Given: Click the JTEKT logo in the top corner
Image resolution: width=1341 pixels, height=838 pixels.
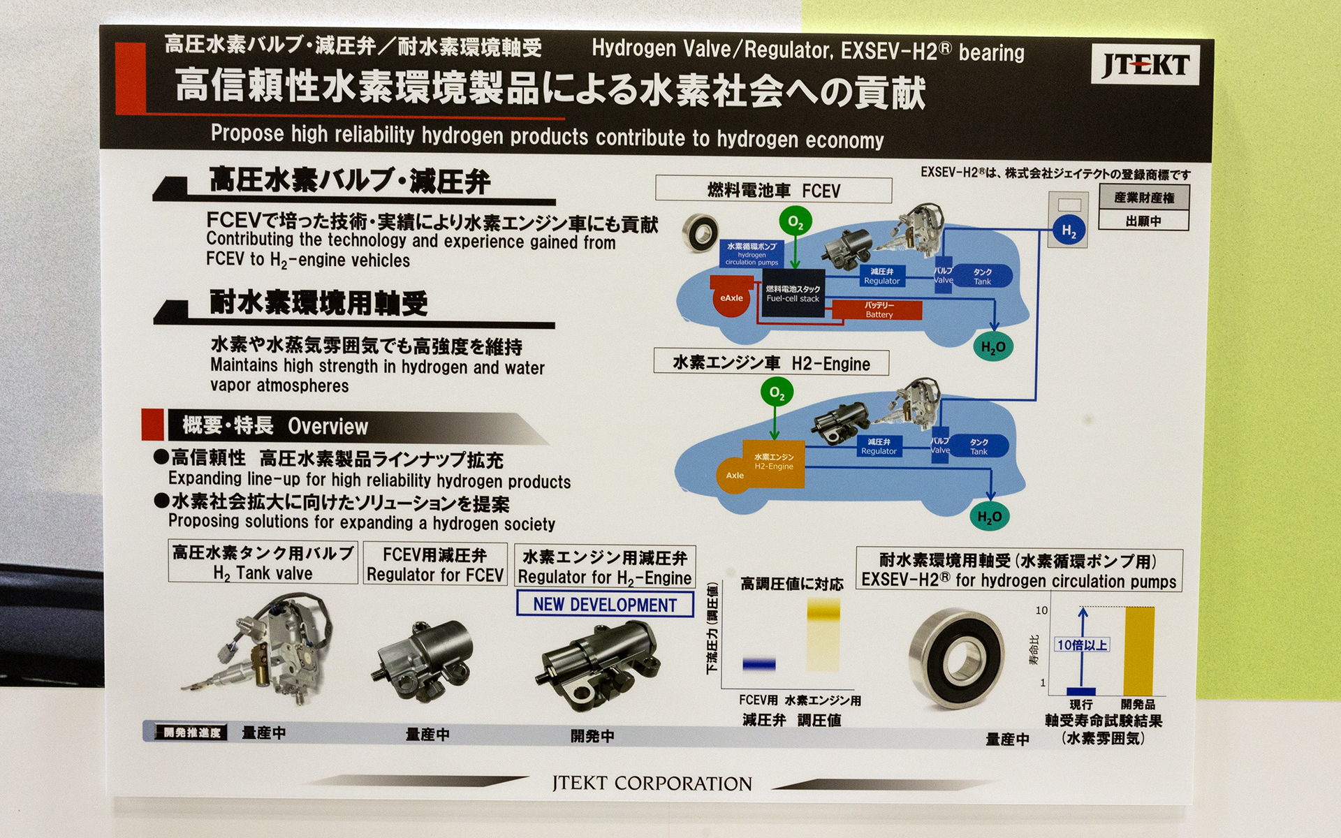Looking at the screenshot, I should pos(1145,65).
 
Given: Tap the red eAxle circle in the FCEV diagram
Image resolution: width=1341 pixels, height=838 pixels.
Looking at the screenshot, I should pos(731,297).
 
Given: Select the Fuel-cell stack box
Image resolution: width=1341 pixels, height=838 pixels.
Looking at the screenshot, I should pos(792,293).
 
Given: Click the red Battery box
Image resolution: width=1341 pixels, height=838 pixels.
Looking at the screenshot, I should pos(879,310).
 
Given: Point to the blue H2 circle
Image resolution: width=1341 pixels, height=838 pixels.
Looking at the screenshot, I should pos(1069,231).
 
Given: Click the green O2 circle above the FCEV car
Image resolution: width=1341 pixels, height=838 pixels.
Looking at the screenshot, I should pos(796,222).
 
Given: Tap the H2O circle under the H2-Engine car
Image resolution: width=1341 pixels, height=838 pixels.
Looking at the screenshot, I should pos(989,517).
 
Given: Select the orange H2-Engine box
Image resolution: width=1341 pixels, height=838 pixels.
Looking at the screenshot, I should pos(774,462).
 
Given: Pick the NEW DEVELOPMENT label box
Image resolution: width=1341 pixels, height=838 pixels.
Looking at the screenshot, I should pos(605,605).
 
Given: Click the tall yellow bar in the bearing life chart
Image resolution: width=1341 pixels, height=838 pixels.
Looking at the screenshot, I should pos(1138,650).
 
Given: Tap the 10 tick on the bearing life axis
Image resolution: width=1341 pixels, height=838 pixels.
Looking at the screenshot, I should pos(1041,610).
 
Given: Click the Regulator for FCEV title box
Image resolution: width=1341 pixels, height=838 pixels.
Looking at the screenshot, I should pos(434,564).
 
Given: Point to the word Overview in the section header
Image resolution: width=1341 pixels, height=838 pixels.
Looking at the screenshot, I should pos(328,427).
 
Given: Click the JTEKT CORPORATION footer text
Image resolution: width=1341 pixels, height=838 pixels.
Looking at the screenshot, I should pos(652,784).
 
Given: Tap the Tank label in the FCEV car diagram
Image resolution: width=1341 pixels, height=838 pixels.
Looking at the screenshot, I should pos(983,277).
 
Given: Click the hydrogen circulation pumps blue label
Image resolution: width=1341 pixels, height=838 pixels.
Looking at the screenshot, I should pos(752,254).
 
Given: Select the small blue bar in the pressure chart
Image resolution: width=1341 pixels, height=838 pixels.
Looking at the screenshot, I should pos(759,664).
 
